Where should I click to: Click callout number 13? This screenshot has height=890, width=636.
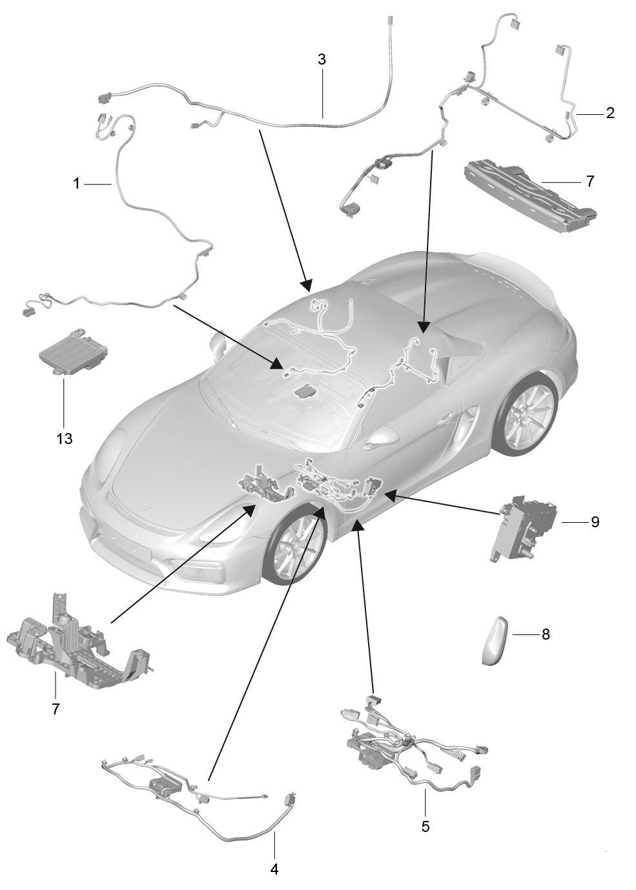pos(64,438)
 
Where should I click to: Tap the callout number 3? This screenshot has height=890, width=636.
pos(322,60)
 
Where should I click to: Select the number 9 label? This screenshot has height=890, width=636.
pos(595,521)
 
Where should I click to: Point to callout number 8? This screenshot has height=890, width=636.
pos(546,634)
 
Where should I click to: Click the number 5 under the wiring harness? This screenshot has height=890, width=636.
pos(425,826)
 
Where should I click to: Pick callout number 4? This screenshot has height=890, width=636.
pos(274,869)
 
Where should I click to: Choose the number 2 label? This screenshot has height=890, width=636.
pos(610,114)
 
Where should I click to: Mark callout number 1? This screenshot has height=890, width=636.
pos(76,184)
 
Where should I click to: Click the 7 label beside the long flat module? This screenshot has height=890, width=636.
pos(590,181)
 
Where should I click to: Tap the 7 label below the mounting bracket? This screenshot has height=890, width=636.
pos(56,709)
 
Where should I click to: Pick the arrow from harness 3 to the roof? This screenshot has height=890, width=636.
pos(284,207)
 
